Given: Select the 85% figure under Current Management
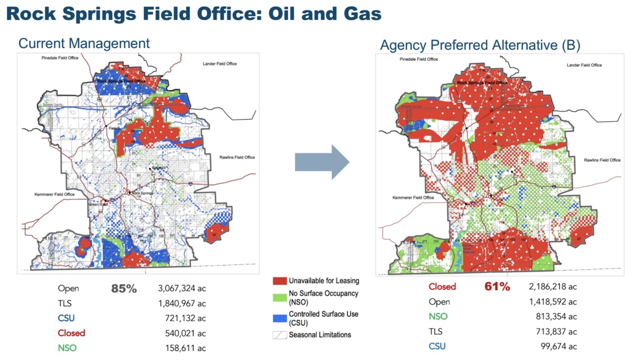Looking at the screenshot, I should pyautogui.click(x=124, y=289).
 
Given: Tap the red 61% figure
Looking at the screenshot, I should pyautogui.click(x=497, y=287).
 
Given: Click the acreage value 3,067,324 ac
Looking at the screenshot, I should pyautogui.click(x=182, y=289).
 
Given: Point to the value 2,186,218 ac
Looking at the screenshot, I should pyautogui.click(x=553, y=287).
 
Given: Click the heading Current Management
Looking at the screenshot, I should pyautogui.click(x=84, y=43).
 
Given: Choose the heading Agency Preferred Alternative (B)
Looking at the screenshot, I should pyautogui.click(x=480, y=46).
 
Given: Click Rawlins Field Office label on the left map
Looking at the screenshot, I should pyautogui.click(x=237, y=157).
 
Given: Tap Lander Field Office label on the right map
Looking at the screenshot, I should pyautogui.click(x=584, y=65).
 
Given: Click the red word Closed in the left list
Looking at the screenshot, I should pyautogui.click(x=71, y=333).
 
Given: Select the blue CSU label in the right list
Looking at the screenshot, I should pyautogui.click(x=438, y=346).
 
